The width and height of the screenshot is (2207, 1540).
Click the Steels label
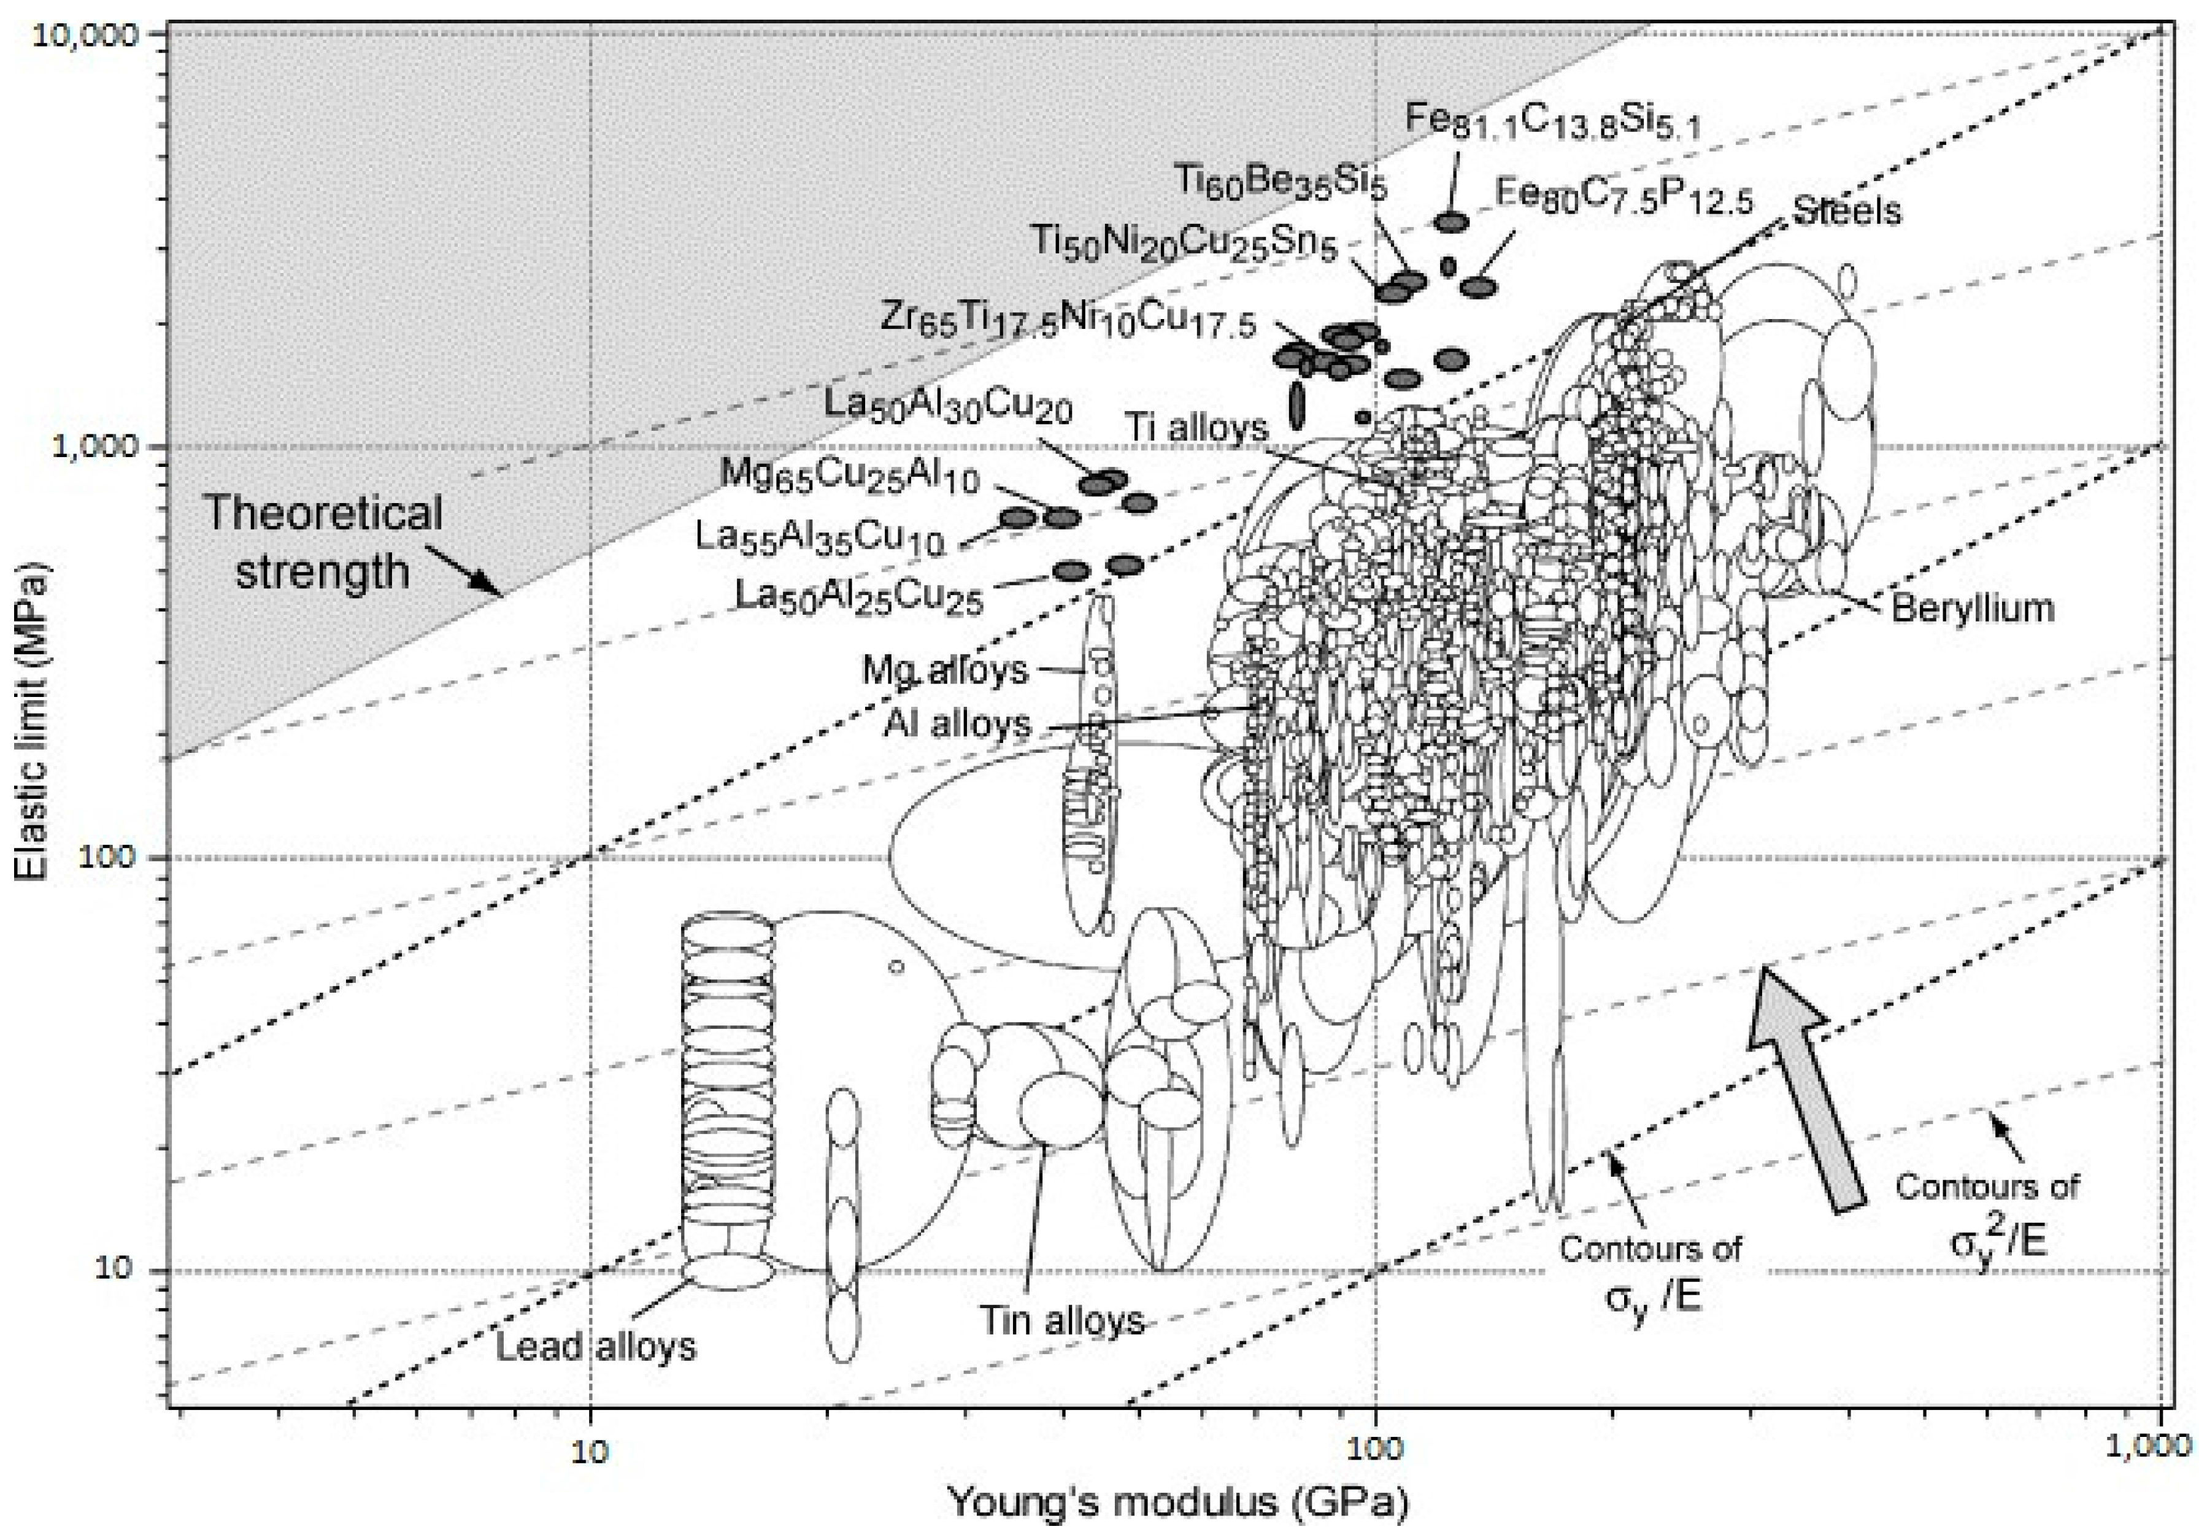point(1847,210)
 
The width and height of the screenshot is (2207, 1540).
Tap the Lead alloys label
point(596,1347)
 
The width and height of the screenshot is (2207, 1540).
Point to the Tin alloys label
point(1062,1320)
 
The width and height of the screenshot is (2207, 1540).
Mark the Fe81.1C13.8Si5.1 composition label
point(1552,121)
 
